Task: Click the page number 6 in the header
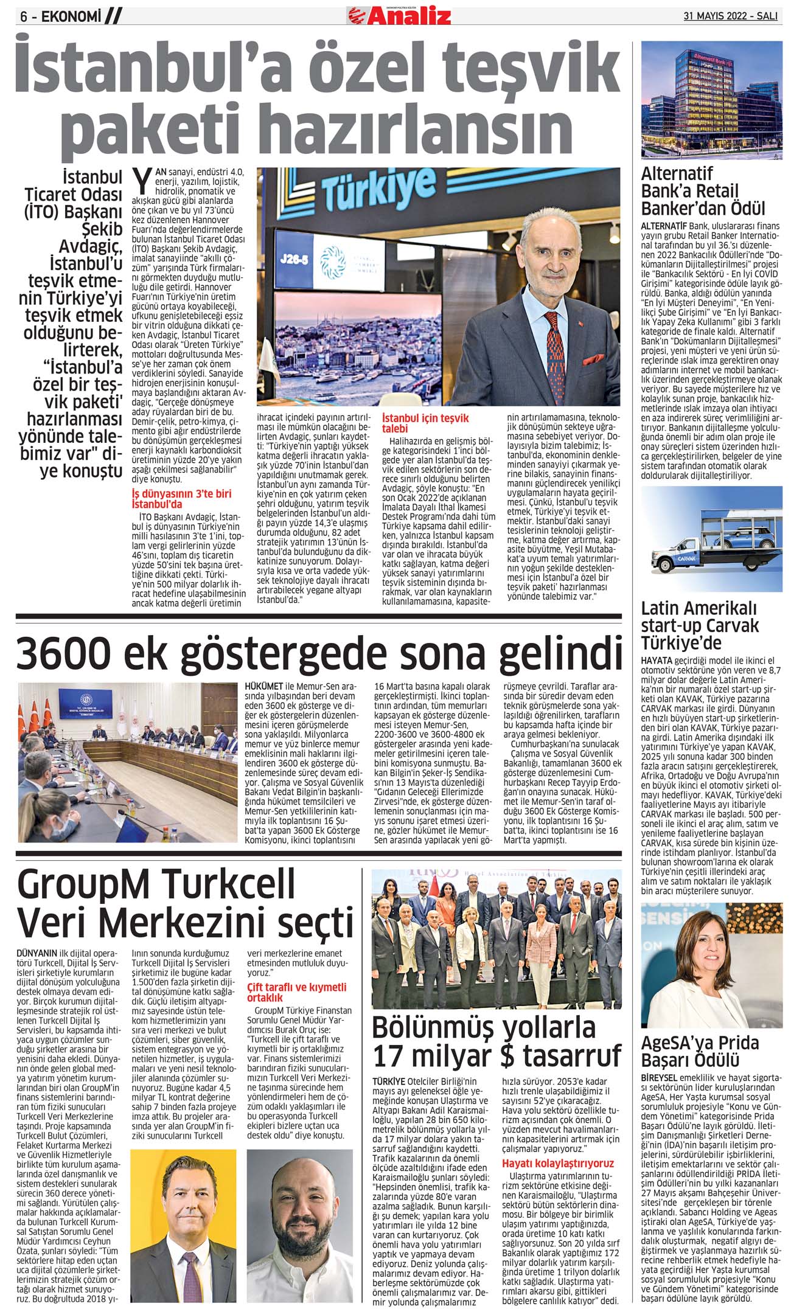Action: coord(24,18)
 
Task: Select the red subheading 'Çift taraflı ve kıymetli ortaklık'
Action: coord(296,992)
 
